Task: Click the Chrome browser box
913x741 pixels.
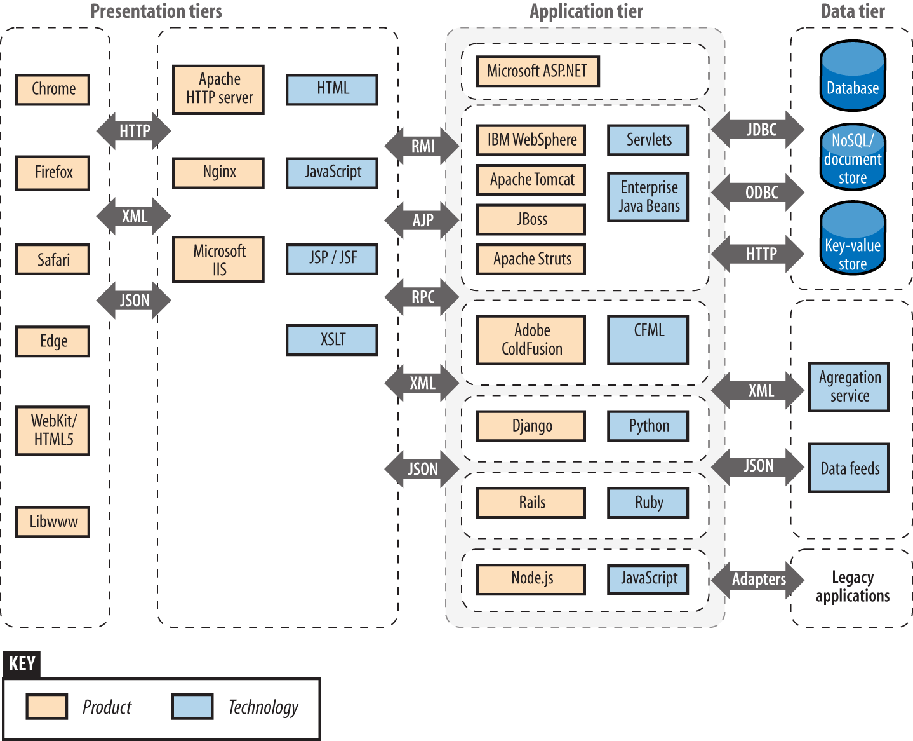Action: [53, 89]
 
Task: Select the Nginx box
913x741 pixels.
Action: [218, 172]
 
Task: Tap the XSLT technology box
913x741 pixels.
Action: [332, 340]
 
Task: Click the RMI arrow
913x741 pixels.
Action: [422, 146]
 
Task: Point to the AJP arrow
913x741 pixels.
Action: [422, 221]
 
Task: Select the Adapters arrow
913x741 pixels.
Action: [758, 580]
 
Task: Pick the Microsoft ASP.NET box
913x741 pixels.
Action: [538, 71]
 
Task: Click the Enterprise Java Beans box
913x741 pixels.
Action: [648, 197]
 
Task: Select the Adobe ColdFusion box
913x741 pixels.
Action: [531, 340]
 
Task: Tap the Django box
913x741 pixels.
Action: [531, 426]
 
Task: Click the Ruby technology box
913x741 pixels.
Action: [648, 503]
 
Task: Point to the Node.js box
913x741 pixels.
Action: [531, 579]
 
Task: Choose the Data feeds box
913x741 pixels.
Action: [849, 469]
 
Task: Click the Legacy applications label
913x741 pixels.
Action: [852, 587]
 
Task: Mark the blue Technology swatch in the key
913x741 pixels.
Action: [192, 707]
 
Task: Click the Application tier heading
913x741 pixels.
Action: [586, 11]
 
